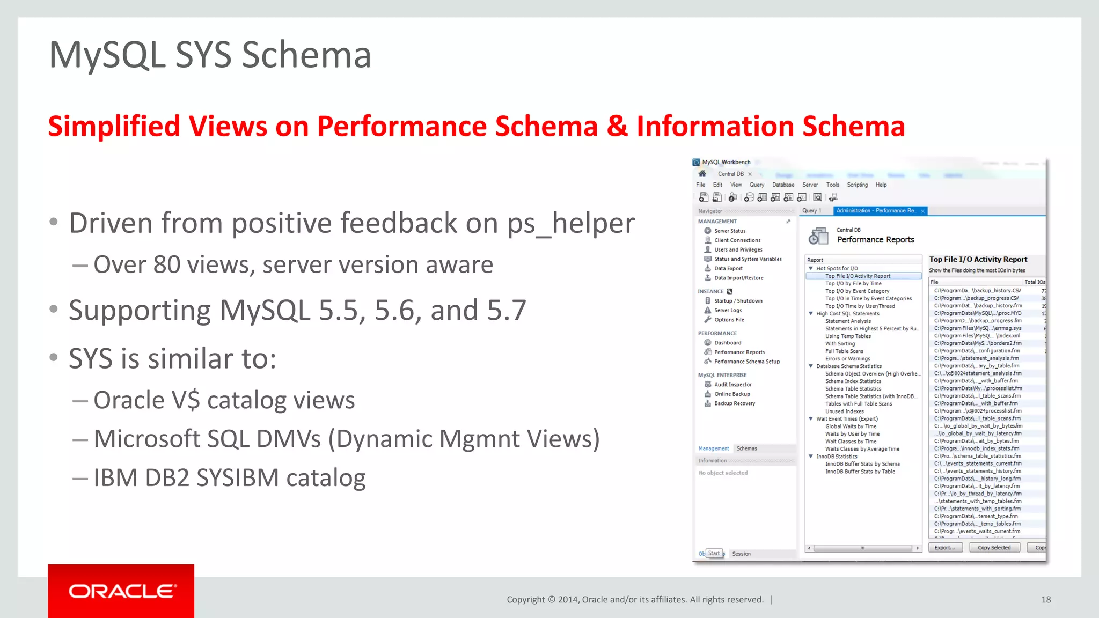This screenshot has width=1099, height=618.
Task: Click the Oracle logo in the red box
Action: [121, 591]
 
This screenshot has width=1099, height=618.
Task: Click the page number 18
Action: [1045, 600]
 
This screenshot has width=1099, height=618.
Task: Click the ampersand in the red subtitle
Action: [617, 127]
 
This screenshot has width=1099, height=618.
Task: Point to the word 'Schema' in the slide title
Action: [306, 55]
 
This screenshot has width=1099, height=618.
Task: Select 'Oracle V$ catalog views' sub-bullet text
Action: [224, 400]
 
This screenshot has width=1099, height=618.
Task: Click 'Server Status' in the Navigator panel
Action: [729, 231]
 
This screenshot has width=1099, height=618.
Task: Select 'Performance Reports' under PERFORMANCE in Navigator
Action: [739, 352]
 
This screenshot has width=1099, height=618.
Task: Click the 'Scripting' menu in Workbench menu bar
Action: [857, 185]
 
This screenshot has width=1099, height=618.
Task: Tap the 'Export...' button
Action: [944, 548]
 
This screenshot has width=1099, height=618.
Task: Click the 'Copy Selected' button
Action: [994, 548]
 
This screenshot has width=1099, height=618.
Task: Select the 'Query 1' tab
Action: [811, 211]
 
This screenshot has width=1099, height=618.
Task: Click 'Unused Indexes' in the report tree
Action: [844, 411]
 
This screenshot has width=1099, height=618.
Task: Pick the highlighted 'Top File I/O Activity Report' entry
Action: [858, 276]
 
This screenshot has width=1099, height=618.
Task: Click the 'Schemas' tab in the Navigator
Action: [746, 448]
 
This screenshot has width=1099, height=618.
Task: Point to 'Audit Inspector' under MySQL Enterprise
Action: [732, 385]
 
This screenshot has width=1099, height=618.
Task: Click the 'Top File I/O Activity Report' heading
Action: [978, 259]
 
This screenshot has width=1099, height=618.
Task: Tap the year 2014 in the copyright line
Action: [568, 600]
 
